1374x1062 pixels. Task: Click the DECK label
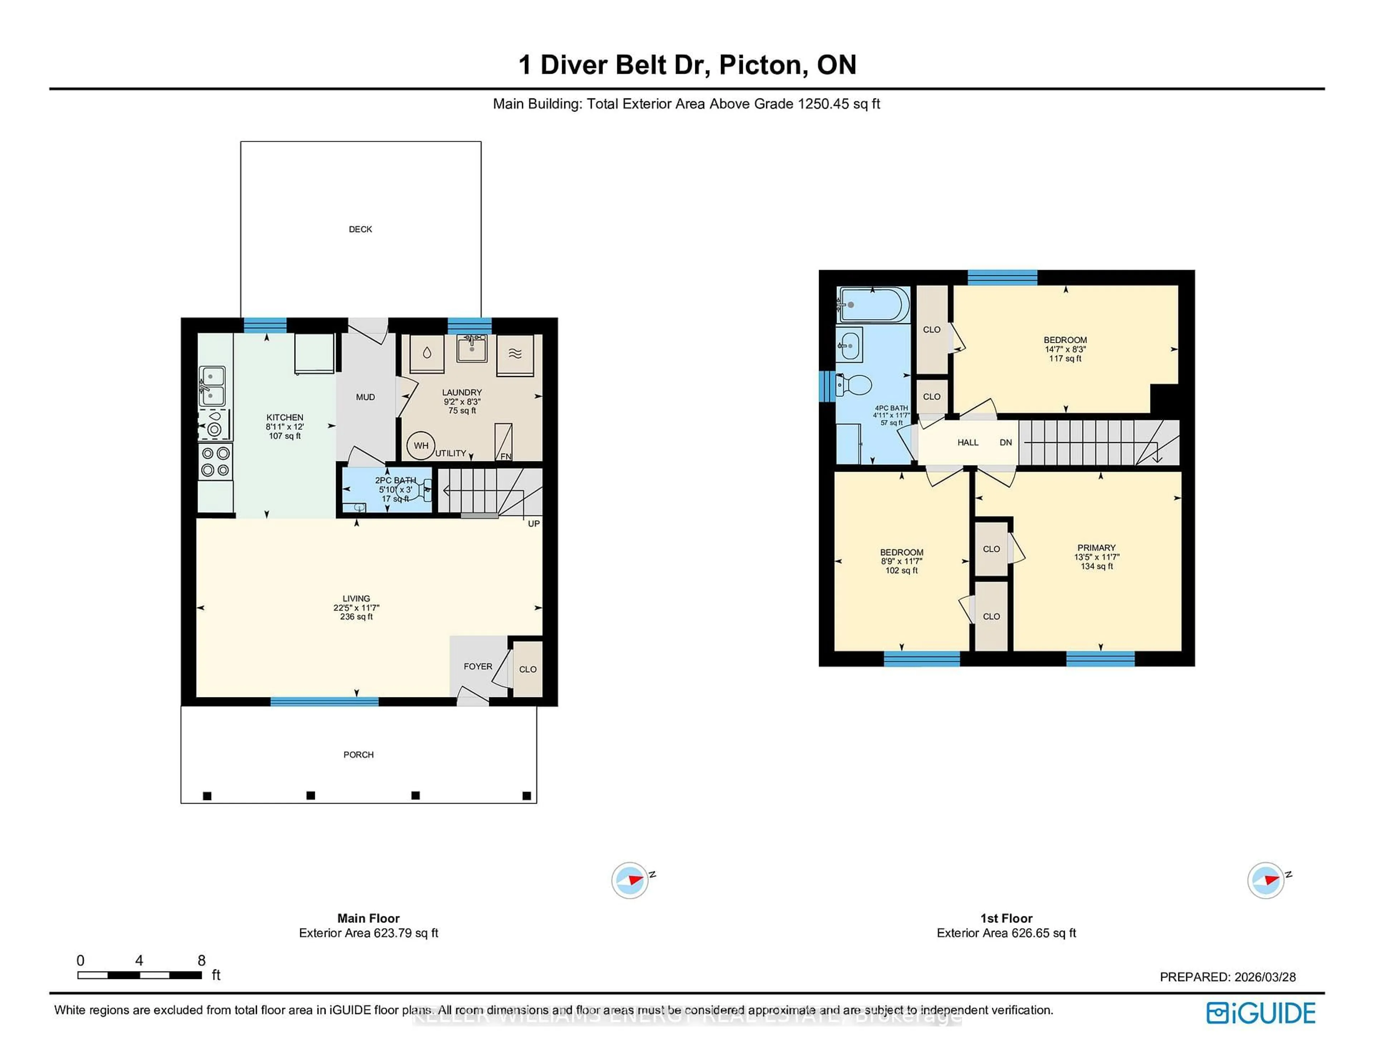[x=360, y=229]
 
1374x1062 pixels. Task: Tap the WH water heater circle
[x=421, y=445]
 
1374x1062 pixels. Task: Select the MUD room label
[x=366, y=397]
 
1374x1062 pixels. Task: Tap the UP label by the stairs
[x=533, y=523]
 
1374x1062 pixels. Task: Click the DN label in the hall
[x=1006, y=442]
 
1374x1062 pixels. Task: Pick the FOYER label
[x=478, y=666]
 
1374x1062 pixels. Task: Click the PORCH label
[x=359, y=754]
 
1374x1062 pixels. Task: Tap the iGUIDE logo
[x=1261, y=1013]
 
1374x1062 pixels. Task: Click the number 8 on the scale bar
[x=201, y=960]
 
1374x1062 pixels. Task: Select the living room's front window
[x=325, y=701]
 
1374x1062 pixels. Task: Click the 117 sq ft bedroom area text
[x=1065, y=359]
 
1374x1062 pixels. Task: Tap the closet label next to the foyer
[x=528, y=669]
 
